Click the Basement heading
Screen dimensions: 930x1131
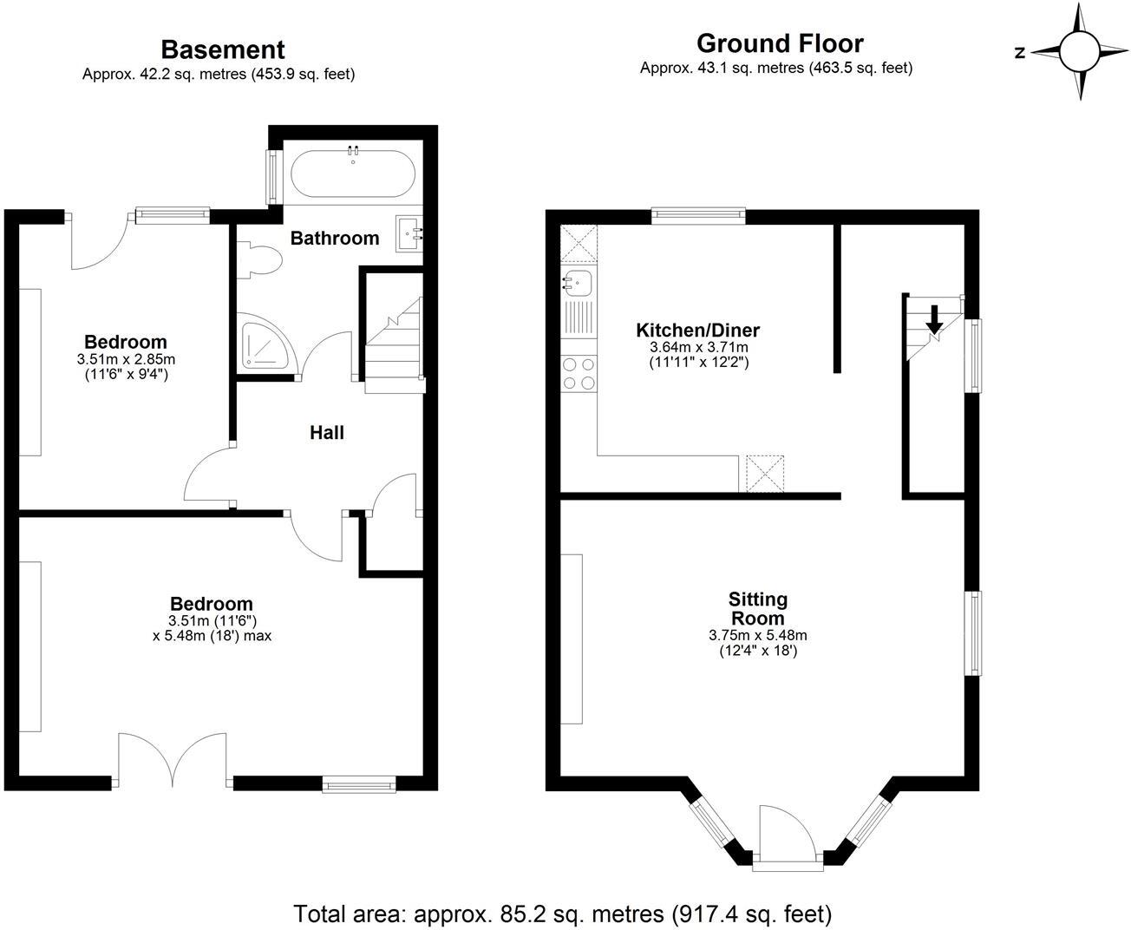(222, 49)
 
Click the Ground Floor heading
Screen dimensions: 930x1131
(780, 43)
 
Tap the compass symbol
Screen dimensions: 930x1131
(1078, 51)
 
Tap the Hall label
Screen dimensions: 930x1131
(327, 432)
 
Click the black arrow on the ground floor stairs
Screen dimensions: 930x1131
(934, 319)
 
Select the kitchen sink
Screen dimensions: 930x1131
(577, 282)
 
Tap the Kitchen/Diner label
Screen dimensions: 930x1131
(697, 330)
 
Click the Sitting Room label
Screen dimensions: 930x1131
(757, 608)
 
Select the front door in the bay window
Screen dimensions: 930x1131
(786, 837)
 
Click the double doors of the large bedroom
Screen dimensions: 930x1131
(174, 760)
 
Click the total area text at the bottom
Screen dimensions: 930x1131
(563, 913)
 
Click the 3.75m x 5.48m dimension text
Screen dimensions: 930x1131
(757, 635)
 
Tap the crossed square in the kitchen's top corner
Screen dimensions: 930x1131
(579, 242)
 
